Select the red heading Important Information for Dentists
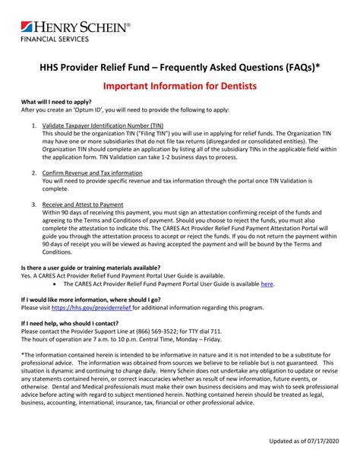coord(179,87)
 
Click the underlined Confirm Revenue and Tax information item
coord(91,174)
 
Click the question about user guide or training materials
coord(90,268)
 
